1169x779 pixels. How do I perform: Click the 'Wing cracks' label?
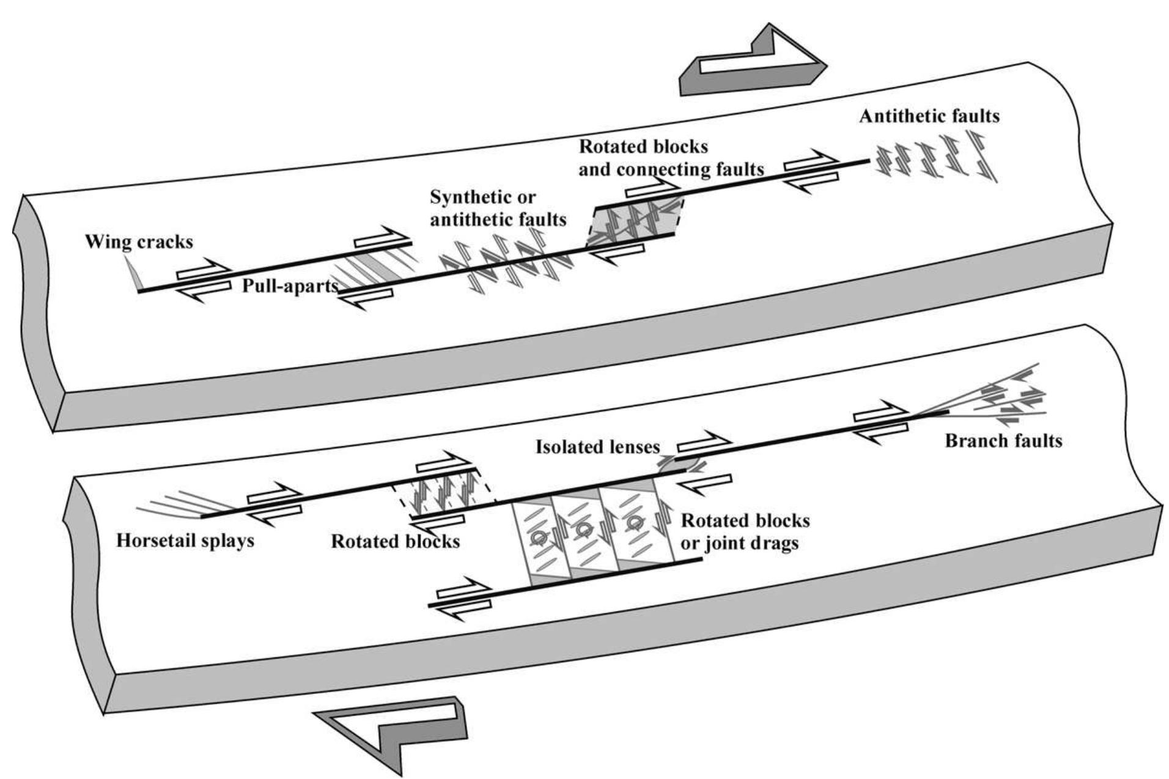139,242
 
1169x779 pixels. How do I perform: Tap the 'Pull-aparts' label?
290,286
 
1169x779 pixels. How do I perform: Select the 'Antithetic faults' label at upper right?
929,116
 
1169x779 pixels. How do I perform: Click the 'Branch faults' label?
1003,440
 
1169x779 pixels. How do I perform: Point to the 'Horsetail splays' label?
185,541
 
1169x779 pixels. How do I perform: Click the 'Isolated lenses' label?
597,447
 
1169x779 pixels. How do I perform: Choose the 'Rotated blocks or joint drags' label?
744,532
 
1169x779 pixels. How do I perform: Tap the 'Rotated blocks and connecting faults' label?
671,158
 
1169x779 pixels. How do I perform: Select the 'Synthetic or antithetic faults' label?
498,208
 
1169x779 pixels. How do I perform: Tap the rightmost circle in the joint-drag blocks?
635,522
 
